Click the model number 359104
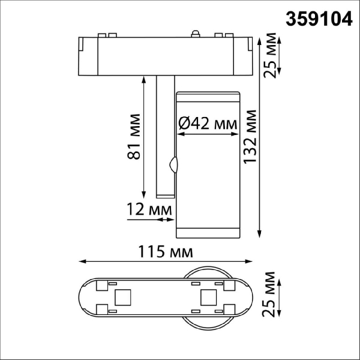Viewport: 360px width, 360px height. tap(319, 19)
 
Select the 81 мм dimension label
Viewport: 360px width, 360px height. tap(133, 137)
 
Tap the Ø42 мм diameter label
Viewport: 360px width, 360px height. tap(208, 124)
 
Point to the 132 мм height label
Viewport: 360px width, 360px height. tap(250, 137)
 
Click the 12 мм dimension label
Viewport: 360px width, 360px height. tap(149, 209)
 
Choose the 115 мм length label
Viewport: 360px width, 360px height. tap(166, 251)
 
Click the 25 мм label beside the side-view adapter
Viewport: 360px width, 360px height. tap(269, 55)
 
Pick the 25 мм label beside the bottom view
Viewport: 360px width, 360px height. tap(269, 295)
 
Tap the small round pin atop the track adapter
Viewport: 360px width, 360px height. tap(195, 34)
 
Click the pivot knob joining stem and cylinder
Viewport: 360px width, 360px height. tap(173, 164)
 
